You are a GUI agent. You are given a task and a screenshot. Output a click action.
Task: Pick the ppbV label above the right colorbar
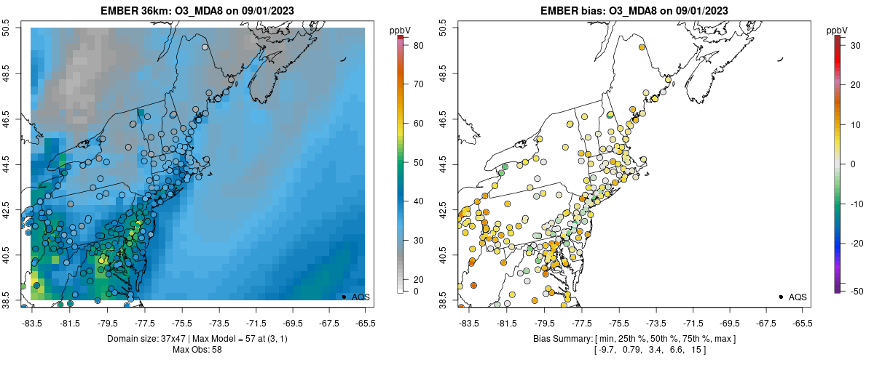pos(838,29)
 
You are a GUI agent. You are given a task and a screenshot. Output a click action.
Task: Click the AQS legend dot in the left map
pos(344,297)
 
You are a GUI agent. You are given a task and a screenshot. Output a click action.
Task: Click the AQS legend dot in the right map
pos(781,297)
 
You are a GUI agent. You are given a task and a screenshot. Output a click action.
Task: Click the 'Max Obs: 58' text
pos(197,350)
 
